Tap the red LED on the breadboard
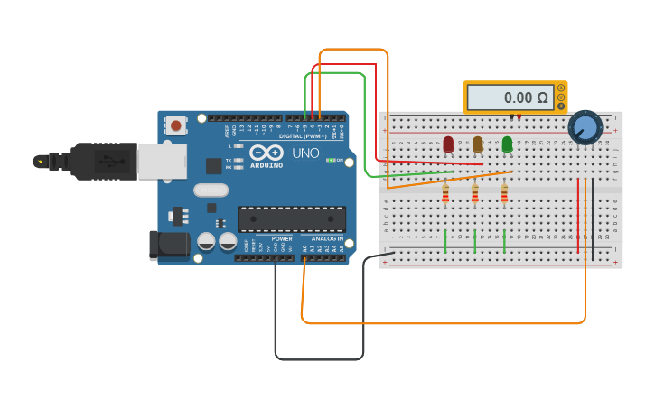[x=448, y=144]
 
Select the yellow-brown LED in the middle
[x=477, y=144]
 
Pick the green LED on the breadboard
[x=507, y=144]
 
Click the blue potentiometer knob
[x=585, y=127]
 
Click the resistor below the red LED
[x=445, y=194]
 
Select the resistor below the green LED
[x=504, y=194]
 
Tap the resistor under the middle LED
[x=475, y=194]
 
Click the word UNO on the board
[x=305, y=153]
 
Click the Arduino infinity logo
[x=267, y=153]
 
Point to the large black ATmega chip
[x=291, y=218]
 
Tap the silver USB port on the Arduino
[x=163, y=162]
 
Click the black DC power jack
[x=171, y=245]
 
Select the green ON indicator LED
[x=330, y=161]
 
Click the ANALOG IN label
[x=327, y=239]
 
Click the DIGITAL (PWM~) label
[x=303, y=136]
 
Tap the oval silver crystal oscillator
[x=211, y=190]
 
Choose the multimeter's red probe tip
[x=519, y=117]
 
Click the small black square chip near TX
[x=213, y=166]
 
